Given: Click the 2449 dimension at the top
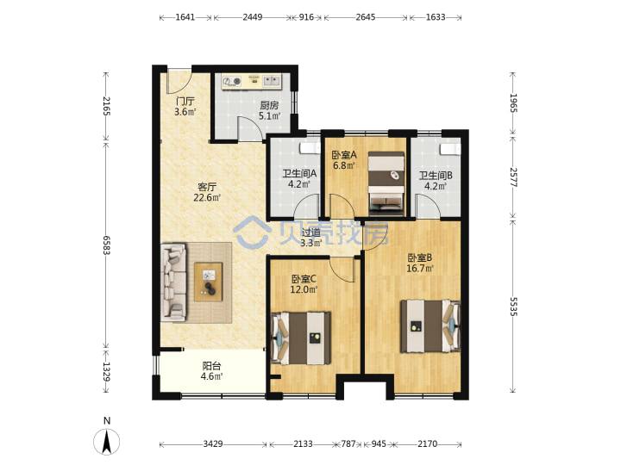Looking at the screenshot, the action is pos(252,17).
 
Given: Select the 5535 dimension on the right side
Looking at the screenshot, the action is pos(513,307).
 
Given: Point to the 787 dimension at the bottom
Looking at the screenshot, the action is pos(348,444).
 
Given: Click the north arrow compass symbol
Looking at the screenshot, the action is pos(107,441).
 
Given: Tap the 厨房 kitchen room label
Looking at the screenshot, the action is pos(269,105).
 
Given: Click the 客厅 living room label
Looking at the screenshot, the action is pos(207,186).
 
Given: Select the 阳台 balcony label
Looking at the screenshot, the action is pos(211,366).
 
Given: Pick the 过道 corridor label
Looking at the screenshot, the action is pos(310,232).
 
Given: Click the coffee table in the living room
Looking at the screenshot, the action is pos(209,282).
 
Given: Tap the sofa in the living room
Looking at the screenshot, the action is pos(174,282).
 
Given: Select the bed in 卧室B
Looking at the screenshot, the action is pos(430,326).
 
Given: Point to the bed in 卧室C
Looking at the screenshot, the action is pos(301,338).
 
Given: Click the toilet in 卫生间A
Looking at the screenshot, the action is pos(310,148).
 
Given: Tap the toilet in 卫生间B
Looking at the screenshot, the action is pos(450,150).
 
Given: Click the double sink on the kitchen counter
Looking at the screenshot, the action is pos(272,81).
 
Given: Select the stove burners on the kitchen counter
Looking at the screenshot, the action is pos(232,81).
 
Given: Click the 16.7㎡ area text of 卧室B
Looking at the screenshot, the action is pos(420,269).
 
